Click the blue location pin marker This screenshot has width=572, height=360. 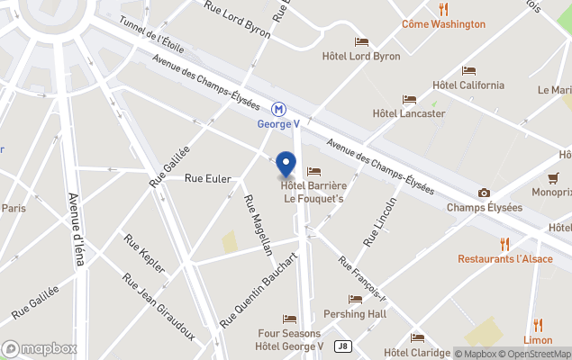coord(286,165)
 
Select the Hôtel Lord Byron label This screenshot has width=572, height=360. coord(361,56)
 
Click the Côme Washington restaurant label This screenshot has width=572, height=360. coord(443,24)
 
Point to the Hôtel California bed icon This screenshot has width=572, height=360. coord(468,70)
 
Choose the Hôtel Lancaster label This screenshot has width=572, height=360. coord(409,113)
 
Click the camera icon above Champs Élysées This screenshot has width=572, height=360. coord(485,193)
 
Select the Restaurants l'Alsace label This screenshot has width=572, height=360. coord(504,258)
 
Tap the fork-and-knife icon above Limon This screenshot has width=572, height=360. coord(538,325)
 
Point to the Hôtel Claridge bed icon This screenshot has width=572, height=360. coord(417,337)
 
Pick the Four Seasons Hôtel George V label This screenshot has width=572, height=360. coord(289,339)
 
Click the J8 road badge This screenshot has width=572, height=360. coord(342,345)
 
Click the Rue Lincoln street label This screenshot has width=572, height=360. coord(379,222)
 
